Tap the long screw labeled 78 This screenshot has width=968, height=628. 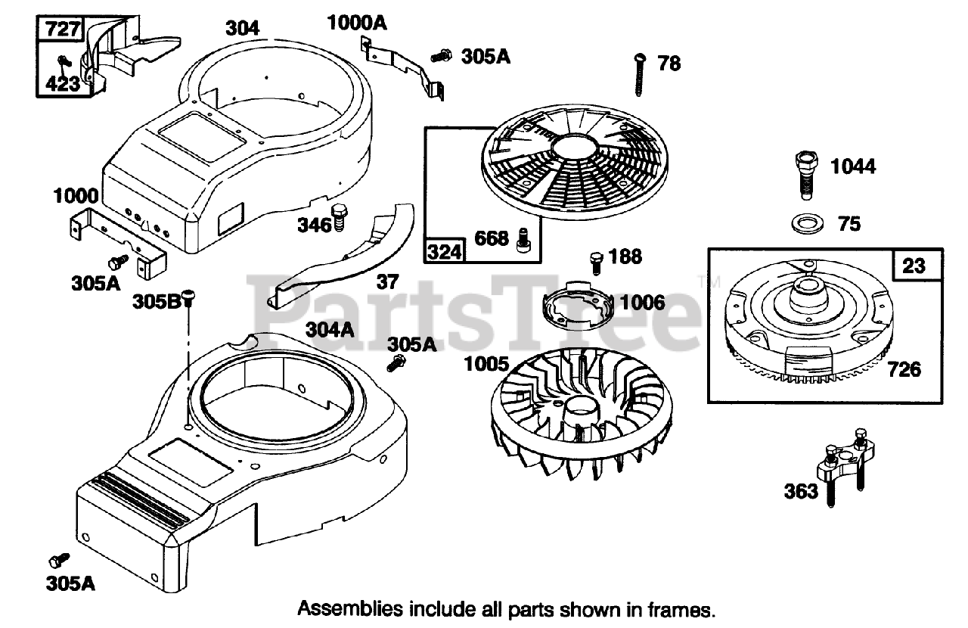pyautogui.click(x=640, y=76)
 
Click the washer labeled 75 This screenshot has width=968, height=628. pyautogui.click(x=808, y=224)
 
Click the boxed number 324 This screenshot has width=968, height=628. pyautogui.click(x=445, y=250)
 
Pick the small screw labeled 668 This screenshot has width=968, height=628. pyautogui.click(x=521, y=239)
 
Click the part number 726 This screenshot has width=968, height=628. pyautogui.click(x=905, y=369)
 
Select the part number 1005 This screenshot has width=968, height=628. pyautogui.click(x=487, y=364)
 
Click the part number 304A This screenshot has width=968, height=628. pyautogui.click(x=330, y=330)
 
